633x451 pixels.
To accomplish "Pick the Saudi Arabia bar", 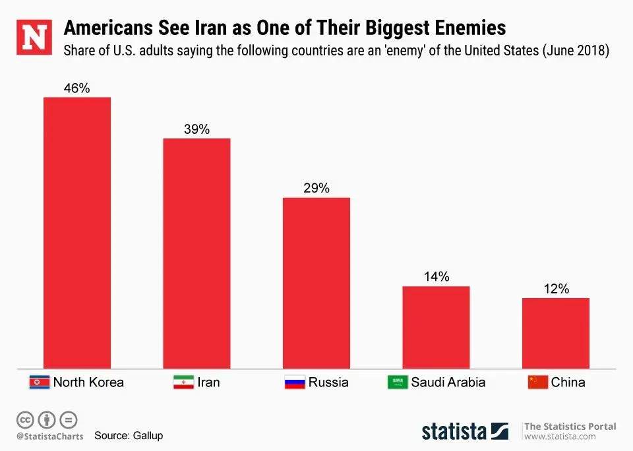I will (x=436, y=327).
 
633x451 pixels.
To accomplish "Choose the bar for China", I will (x=556, y=333).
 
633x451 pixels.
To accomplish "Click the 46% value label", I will (x=77, y=88).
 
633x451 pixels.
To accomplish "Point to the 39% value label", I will (x=196, y=129).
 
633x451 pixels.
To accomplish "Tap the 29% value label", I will (x=316, y=189).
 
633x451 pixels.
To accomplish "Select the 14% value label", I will (x=436, y=277).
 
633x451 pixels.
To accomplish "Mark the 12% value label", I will (x=556, y=289).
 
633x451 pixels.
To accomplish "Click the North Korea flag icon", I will (x=40, y=382).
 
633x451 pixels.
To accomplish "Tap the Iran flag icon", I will (x=183, y=382).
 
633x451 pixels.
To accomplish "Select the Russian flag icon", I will (x=295, y=382).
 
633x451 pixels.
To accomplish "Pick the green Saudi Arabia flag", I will (x=398, y=382).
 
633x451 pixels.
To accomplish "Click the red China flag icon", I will (x=538, y=382).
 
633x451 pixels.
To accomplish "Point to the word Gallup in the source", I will (x=148, y=436).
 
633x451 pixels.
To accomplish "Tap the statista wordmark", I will (x=454, y=431).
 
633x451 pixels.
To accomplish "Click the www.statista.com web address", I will (x=560, y=436).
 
